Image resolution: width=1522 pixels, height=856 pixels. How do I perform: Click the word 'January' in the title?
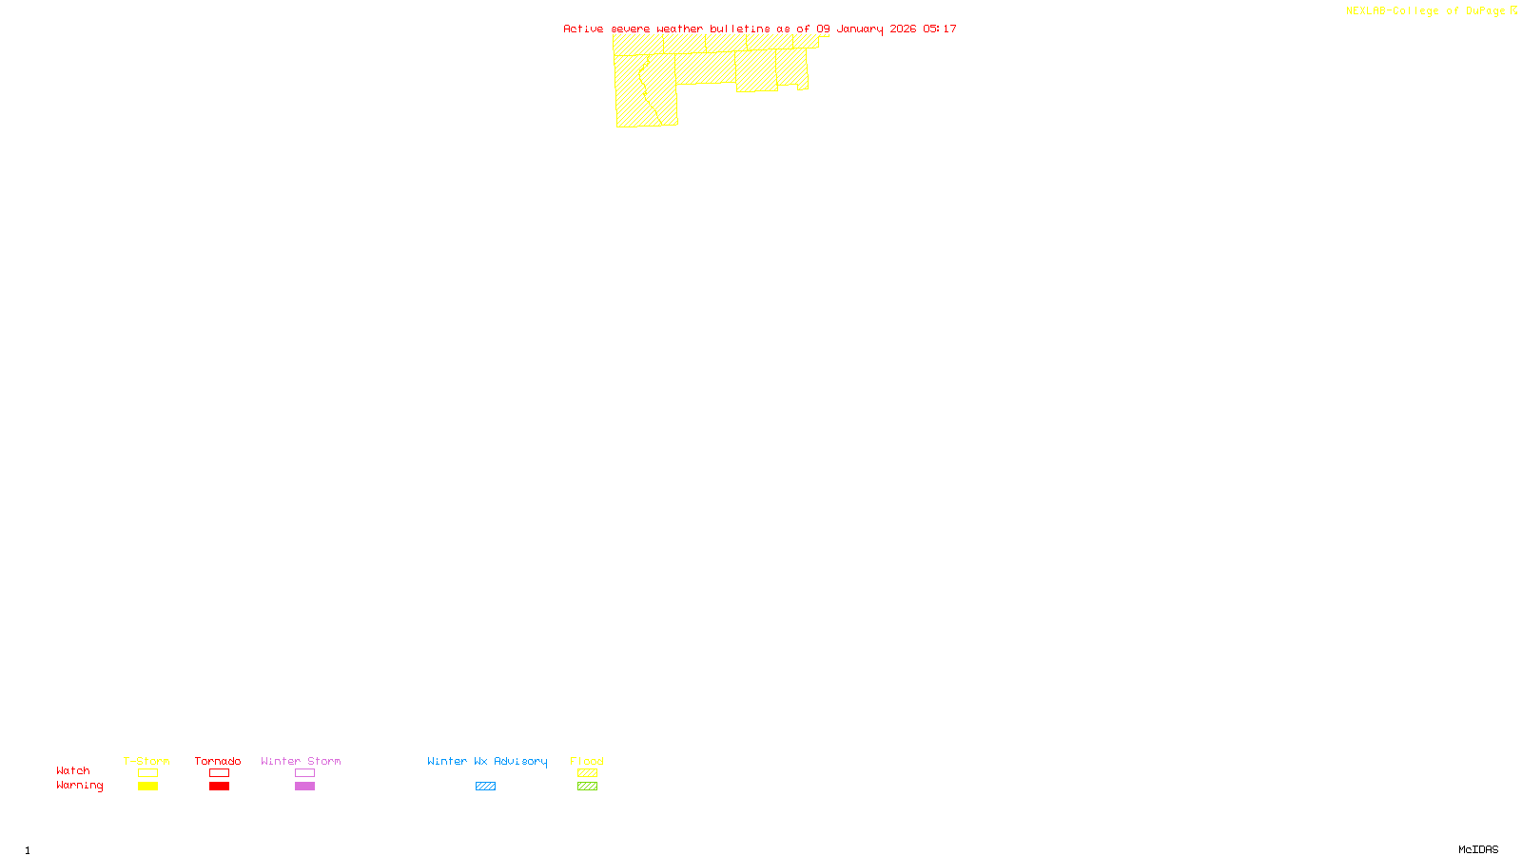pos(860,29)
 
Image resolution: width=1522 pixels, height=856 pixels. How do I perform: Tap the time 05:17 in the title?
pos(940,29)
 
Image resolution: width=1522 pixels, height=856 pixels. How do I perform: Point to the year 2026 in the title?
pos(903,29)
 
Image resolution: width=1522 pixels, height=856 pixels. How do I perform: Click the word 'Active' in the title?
pos(583,29)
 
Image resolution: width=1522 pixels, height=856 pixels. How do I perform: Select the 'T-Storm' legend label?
pos(146,761)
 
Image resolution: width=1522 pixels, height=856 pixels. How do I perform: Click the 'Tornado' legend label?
pos(218,761)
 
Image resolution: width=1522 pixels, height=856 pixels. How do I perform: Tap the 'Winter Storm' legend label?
pos(301,761)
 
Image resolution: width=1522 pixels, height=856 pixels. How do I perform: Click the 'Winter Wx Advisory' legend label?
pos(487,761)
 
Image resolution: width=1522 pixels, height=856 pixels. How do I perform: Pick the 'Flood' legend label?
pos(587,761)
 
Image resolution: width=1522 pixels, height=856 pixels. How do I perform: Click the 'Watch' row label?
pos(73,770)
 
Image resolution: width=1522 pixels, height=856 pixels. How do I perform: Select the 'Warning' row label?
pos(80,786)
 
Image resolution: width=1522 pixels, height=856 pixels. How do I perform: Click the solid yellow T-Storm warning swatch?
pos(147,787)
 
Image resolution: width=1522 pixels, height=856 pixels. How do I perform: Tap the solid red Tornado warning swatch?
pos(219,787)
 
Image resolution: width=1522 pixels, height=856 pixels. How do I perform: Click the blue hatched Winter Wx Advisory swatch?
pos(485,787)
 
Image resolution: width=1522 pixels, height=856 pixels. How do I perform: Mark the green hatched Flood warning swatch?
pos(587,787)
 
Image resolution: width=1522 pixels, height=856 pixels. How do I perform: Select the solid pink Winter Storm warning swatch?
pos(304,787)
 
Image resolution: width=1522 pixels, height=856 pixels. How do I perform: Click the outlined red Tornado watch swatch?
pos(219,773)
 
